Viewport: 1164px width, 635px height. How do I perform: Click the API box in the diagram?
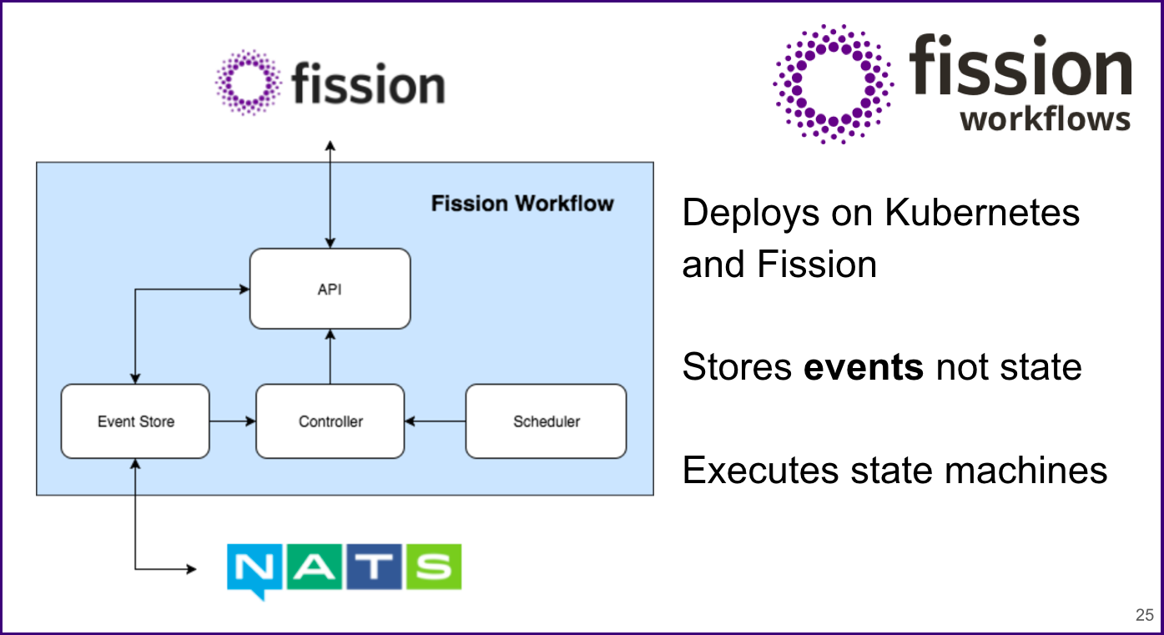[330, 289]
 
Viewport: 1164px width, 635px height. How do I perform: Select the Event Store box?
[135, 421]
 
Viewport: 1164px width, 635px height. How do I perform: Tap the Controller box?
[330, 421]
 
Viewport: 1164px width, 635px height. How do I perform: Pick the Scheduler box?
[546, 421]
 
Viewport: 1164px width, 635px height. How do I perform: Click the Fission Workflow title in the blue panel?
[522, 204]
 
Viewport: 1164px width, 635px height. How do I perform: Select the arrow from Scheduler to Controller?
[435, 421]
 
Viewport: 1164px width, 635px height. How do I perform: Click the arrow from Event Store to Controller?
[232, 421]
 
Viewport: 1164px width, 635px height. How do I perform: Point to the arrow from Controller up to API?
[330, 356]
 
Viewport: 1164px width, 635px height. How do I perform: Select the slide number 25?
[1144, 616]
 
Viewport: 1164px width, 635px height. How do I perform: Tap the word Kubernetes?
[981, 213]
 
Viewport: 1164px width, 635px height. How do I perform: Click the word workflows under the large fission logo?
[1045, 119]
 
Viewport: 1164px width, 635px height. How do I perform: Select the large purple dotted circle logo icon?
[833, 83]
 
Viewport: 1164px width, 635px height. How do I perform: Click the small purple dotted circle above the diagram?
[248, 82]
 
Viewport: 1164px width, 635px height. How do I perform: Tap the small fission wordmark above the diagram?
[368, 84]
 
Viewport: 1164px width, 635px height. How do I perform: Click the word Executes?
[760, 471]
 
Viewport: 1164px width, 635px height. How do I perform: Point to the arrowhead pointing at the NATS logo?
[191, 570]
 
